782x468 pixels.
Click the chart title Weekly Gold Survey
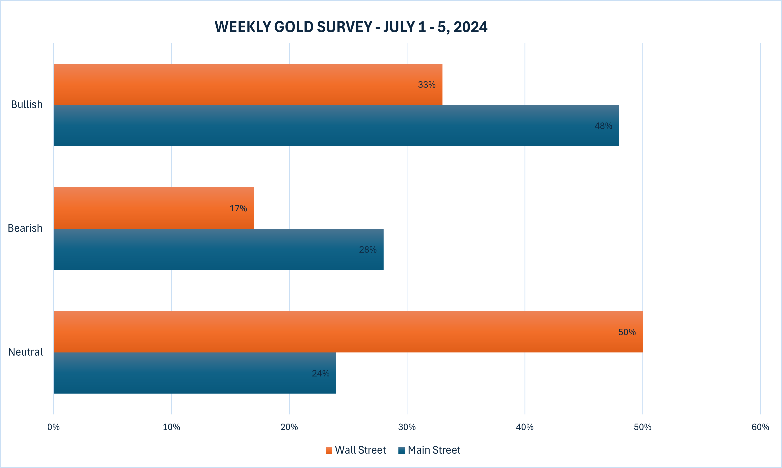[351, 27]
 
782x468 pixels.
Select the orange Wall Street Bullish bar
[248, 84]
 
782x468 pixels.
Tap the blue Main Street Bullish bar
[336, 126]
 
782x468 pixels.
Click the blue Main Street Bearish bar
[219, 249]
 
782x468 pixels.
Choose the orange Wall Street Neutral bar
[348, 332]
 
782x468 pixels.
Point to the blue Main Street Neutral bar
[195, 373]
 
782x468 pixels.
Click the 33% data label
[426, 84]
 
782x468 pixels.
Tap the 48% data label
[603, 126]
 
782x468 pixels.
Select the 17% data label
[238, 208]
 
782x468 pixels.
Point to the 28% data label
[368, 250]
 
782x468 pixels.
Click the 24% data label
[321, 373]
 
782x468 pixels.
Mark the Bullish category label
[27, 104]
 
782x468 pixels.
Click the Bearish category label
[25, 228]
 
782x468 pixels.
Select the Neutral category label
[25, 352]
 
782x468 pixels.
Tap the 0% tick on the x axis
[54, 427]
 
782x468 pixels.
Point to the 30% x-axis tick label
[407, 427]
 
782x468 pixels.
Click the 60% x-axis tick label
[760, 427]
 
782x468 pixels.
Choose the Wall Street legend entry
[356, 450]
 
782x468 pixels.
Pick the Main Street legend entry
[429, 450]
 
